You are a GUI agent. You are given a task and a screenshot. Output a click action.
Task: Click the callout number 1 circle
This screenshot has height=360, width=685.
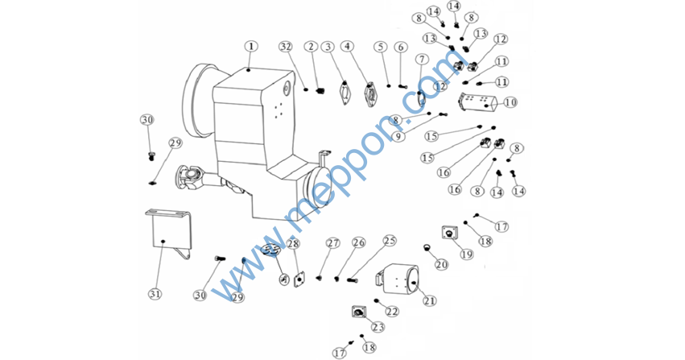[x=251, y=46]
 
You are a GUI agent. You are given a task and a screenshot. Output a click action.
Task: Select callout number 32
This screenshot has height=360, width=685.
[x=286, y=47]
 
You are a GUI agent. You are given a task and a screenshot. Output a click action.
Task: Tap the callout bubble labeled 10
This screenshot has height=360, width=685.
[x=510, y=102]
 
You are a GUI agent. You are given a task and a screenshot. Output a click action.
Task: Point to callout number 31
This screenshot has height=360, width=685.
[x=155, y=294]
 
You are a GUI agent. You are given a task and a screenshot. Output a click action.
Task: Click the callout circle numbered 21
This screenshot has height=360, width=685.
[x=430, y=300]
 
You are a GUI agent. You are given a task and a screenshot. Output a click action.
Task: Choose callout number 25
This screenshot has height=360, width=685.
[x=390, y=241]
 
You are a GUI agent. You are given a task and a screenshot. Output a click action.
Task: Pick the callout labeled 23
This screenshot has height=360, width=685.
[x=378, y=327]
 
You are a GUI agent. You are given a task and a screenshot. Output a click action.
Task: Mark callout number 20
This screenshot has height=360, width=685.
[x=441, y=264]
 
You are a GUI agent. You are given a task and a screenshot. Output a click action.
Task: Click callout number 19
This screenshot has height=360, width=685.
[x=467, y=254]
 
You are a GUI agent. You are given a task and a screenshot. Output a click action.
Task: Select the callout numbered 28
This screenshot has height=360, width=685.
[x=293, y=243]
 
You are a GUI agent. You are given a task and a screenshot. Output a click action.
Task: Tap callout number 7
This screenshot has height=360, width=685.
[x=422, y=59]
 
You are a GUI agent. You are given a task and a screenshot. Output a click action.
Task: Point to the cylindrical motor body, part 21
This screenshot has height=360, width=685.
[x=398, y=279]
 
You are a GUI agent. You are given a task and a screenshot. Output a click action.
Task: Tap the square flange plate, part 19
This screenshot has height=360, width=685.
[x=448, y=232]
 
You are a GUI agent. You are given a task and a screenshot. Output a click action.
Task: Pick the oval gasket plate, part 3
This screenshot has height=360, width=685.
[x=345, y=93]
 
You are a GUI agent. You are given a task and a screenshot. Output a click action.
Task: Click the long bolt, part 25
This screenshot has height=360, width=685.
[x=353, y=279]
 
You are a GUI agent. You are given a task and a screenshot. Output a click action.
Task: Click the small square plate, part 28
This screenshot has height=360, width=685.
[x=299, y=279]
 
